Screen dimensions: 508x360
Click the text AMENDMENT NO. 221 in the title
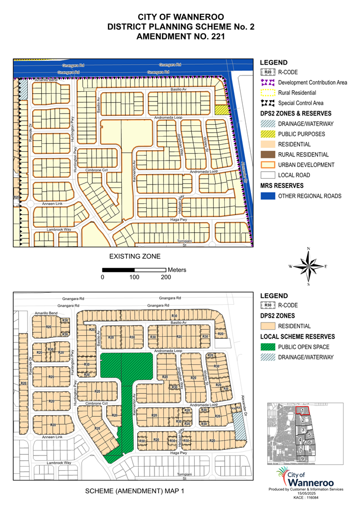tap(180, 37)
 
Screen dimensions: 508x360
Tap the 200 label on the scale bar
tap(165, 277)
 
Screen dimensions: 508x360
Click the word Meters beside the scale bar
tap(177, 269)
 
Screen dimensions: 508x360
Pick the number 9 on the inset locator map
tap(302, 459)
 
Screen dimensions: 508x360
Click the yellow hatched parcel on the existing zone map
tap(221, 110)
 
